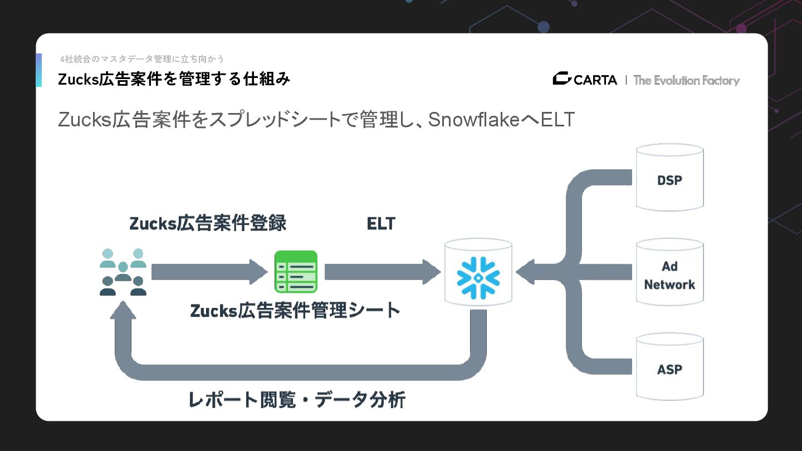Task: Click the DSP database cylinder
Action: tap(669, 178)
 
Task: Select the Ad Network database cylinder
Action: tap(669, 273)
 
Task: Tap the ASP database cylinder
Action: tap(669, 367)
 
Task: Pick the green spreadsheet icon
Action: tap(296, 272)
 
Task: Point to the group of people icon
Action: tap(123, 272)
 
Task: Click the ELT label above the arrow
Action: tap(381, 224)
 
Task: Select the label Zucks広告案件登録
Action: tap(208, 223)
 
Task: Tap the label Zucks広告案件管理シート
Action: tap(295, 310)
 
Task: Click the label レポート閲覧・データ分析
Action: tap(297, 400)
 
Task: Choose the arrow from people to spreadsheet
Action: tap(209, 272)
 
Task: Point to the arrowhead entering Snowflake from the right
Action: tap(526, 272)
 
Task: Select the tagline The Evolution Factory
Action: tap(686, 80)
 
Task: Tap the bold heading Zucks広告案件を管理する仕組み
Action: tap(174, 79)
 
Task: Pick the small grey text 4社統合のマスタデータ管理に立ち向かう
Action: tap(142, 59)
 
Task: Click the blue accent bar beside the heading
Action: tap(39, 70)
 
